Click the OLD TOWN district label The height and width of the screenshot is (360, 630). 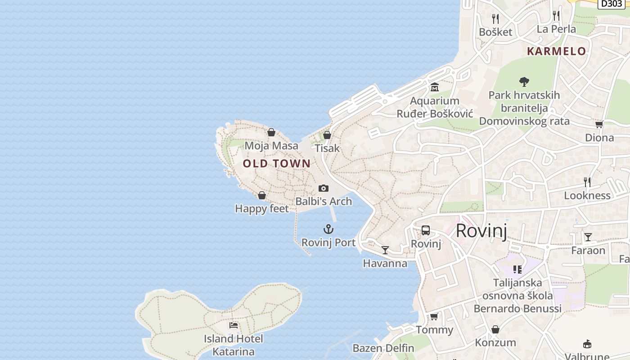[x=277, y=163]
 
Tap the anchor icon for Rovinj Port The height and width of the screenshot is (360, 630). [x=328, y=229]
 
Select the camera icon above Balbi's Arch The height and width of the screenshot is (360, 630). [x=324, y=188]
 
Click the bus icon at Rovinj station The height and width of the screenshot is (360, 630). [x=426, y=230]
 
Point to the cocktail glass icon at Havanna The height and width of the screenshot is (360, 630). [x=385, y=250]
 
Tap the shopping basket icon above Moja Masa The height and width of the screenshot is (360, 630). [x=271, y=132]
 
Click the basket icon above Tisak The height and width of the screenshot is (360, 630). [x=327, y=135]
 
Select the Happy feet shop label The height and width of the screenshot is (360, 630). [x=262, y=208]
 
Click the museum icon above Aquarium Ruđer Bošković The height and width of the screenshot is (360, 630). [x=435, y=87]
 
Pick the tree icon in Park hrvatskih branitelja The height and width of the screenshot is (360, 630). [x=524, y=82]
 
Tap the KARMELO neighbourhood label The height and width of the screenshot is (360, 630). [x=557, y=51]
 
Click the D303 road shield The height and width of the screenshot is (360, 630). [x=612, y=4]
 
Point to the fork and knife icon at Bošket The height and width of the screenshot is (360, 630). [x=495, y=19]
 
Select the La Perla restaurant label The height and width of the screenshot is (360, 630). [x=556, y=29]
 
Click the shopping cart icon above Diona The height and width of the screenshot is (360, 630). [x=599, y=124]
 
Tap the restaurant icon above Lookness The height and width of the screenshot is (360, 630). [x=587, y=182]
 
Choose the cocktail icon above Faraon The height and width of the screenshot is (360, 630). [x=588, y=237]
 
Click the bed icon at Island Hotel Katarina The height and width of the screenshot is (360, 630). [x=234, y=325]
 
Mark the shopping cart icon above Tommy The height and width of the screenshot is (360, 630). [x=434, y=316]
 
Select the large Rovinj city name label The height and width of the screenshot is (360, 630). [x=481, y=231]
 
